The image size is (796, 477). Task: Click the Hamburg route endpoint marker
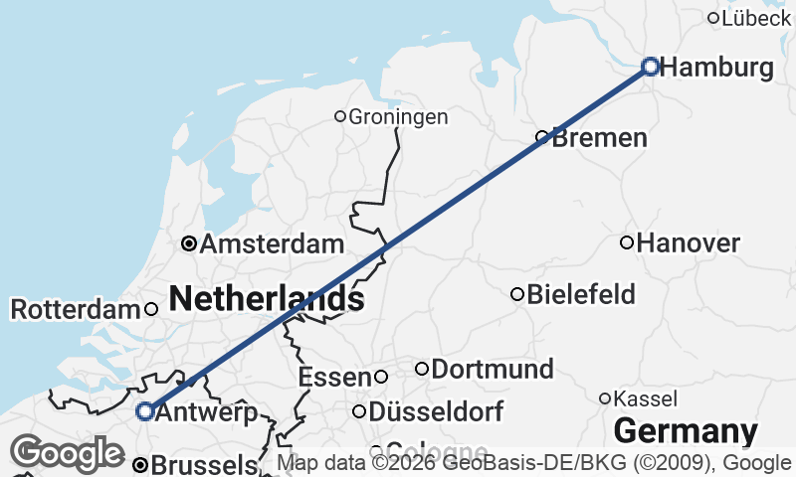[x=650, y=67]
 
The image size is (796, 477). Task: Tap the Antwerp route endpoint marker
[x=145, y=410]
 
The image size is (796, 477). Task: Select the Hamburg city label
[x=716, y=68]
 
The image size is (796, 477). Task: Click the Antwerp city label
[x=208, y=412]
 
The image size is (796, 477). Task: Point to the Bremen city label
[x=599, y=138]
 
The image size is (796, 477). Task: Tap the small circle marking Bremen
[x=542, y=137]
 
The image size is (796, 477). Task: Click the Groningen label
[x=398, y=117]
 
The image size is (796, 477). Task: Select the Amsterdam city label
[x=273, y=244]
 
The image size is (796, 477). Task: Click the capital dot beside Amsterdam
[x=188, y=243]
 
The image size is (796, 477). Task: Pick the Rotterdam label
[x=76, y=310]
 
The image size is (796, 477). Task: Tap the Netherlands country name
[x=265, y=297]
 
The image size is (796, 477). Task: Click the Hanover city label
[x=689, y=243]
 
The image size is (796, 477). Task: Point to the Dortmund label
[x=493, y=370]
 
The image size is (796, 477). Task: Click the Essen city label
[x=334, y=378]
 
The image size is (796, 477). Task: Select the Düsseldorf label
[x=436, y=411]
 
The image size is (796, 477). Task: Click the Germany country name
[x=686, y=432]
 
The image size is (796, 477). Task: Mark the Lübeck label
[x=756, y=18]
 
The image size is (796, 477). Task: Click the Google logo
[x=68, y=453]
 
